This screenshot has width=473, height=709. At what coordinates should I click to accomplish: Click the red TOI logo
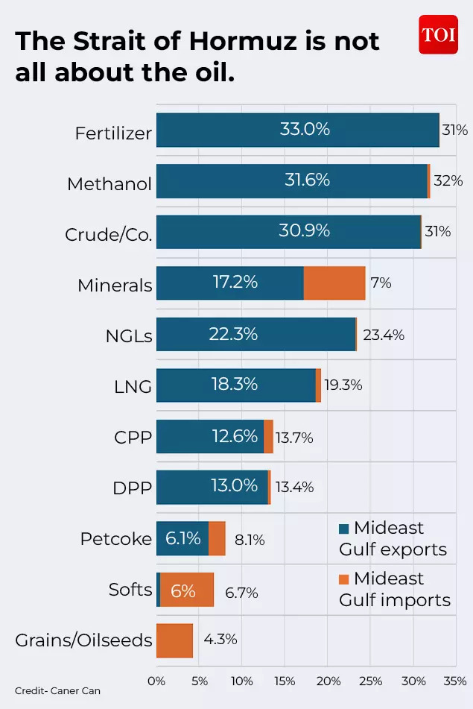pos(438,34)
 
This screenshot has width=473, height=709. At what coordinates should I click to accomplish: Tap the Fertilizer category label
pos(113,133)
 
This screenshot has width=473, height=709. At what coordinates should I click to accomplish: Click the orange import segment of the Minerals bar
pos(334,283)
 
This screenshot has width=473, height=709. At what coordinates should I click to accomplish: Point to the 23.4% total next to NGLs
pos(384,335)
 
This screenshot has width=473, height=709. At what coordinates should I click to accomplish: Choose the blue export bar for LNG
pos(235,385)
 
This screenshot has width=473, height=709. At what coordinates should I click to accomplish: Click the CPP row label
pos(133,438)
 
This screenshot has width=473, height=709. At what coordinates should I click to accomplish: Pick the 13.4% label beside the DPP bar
pos(294,488)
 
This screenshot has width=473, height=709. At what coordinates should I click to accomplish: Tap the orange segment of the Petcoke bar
pos(217,538)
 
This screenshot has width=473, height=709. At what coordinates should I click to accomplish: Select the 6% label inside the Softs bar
pos(183,590)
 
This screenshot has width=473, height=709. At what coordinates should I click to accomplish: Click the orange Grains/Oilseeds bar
pos(174,640)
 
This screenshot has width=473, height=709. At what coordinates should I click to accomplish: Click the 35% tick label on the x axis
pos(454,681)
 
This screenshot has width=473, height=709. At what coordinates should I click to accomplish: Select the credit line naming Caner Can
pos(57,691)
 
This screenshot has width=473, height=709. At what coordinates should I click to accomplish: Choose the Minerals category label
pos(115,285)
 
